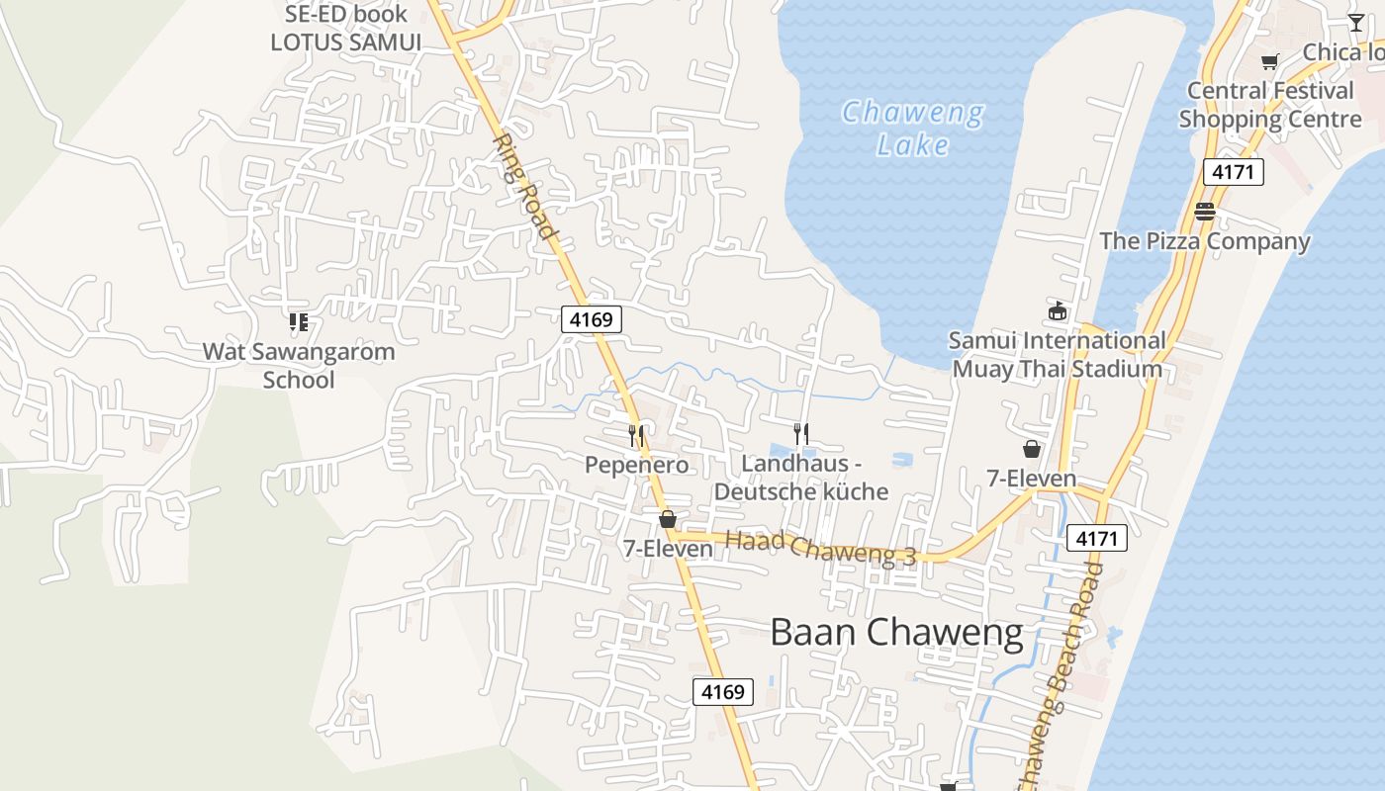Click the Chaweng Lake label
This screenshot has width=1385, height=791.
[x=912, y=129]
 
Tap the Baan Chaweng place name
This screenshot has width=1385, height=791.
[x=896, y=633]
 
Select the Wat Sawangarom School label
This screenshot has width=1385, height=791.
[x=299, y=365]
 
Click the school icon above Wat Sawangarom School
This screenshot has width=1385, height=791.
[x=299, y=321]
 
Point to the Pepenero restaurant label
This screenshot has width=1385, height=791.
[x=636, y=465]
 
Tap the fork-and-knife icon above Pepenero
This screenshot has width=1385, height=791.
[x=636, y=434]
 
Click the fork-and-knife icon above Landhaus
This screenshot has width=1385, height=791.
[x=801, y=433]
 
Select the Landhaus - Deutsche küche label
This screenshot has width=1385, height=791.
[x=801, y=478]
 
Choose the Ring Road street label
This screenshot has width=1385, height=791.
[x=523, y=187]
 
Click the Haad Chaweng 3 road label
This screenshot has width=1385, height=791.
[x=820, y=547]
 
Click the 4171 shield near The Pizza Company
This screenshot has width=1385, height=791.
[x=1234, y=172]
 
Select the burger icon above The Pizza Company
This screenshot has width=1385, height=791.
[x=1204, y=211]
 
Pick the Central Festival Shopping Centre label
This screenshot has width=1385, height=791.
[x=1270, y=105]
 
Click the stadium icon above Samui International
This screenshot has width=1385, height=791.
[x=1058, y=311]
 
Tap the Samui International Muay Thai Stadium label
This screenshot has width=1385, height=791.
[x=1057, y=355]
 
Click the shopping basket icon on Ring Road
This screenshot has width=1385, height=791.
[x=668, y=519]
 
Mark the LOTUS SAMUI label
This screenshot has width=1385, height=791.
[x=345, y=43]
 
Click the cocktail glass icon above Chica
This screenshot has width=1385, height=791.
[x=1355, y=23]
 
